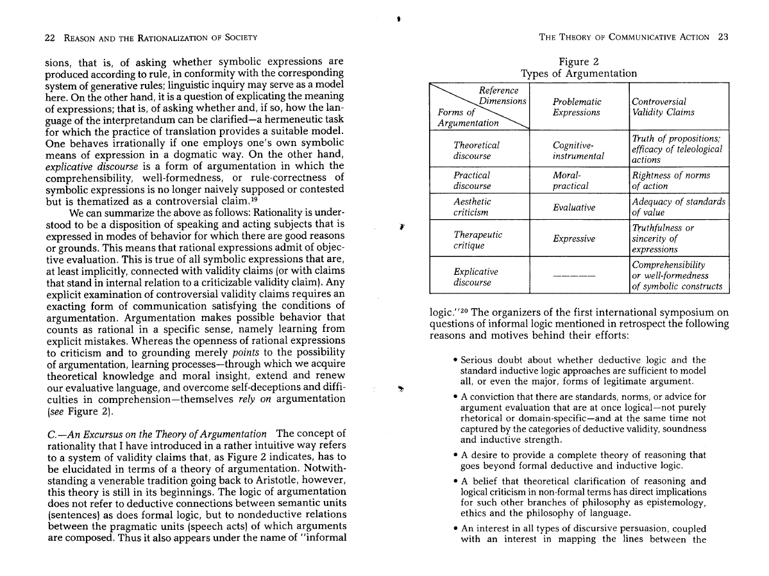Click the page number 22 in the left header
49,37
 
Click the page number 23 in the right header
723,37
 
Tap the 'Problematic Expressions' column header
577,107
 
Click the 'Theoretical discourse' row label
476,151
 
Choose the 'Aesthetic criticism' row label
472,206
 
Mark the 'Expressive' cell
575,239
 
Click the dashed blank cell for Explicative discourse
574,276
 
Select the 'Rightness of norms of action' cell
671,180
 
